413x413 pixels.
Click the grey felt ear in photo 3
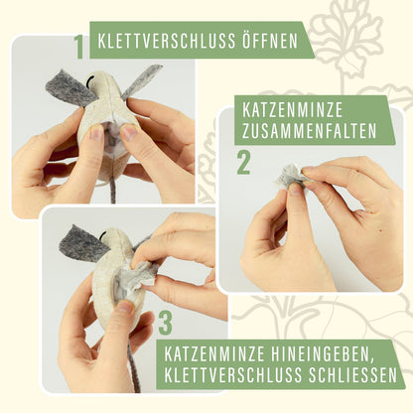(83, 242)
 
